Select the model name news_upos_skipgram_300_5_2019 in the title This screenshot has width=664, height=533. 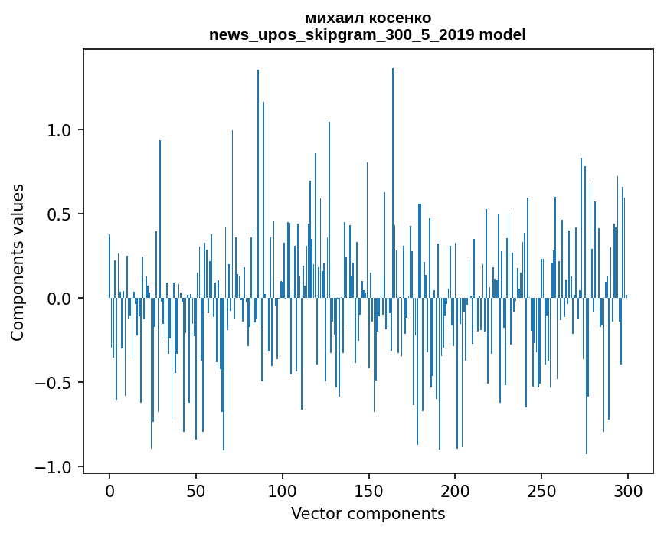(x=342, y=34)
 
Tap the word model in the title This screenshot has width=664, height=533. (x=502, y=34)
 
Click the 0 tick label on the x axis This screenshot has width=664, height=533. (x=110, y=492)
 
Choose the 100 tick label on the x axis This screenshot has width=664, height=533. (x=282, y=492)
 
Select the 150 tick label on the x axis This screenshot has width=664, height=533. (x=368, y=492)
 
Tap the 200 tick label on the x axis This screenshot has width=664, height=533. (x=455, y=492)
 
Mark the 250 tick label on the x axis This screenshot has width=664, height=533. (x=541, y=492)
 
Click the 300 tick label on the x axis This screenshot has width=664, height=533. (x=627, y=492)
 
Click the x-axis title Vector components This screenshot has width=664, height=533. (x=368, y=514)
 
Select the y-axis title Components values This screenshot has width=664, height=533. (x=18, y=263)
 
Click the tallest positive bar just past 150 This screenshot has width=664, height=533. (x=393, y=183)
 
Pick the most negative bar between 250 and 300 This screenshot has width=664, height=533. (x=587, y=376)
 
